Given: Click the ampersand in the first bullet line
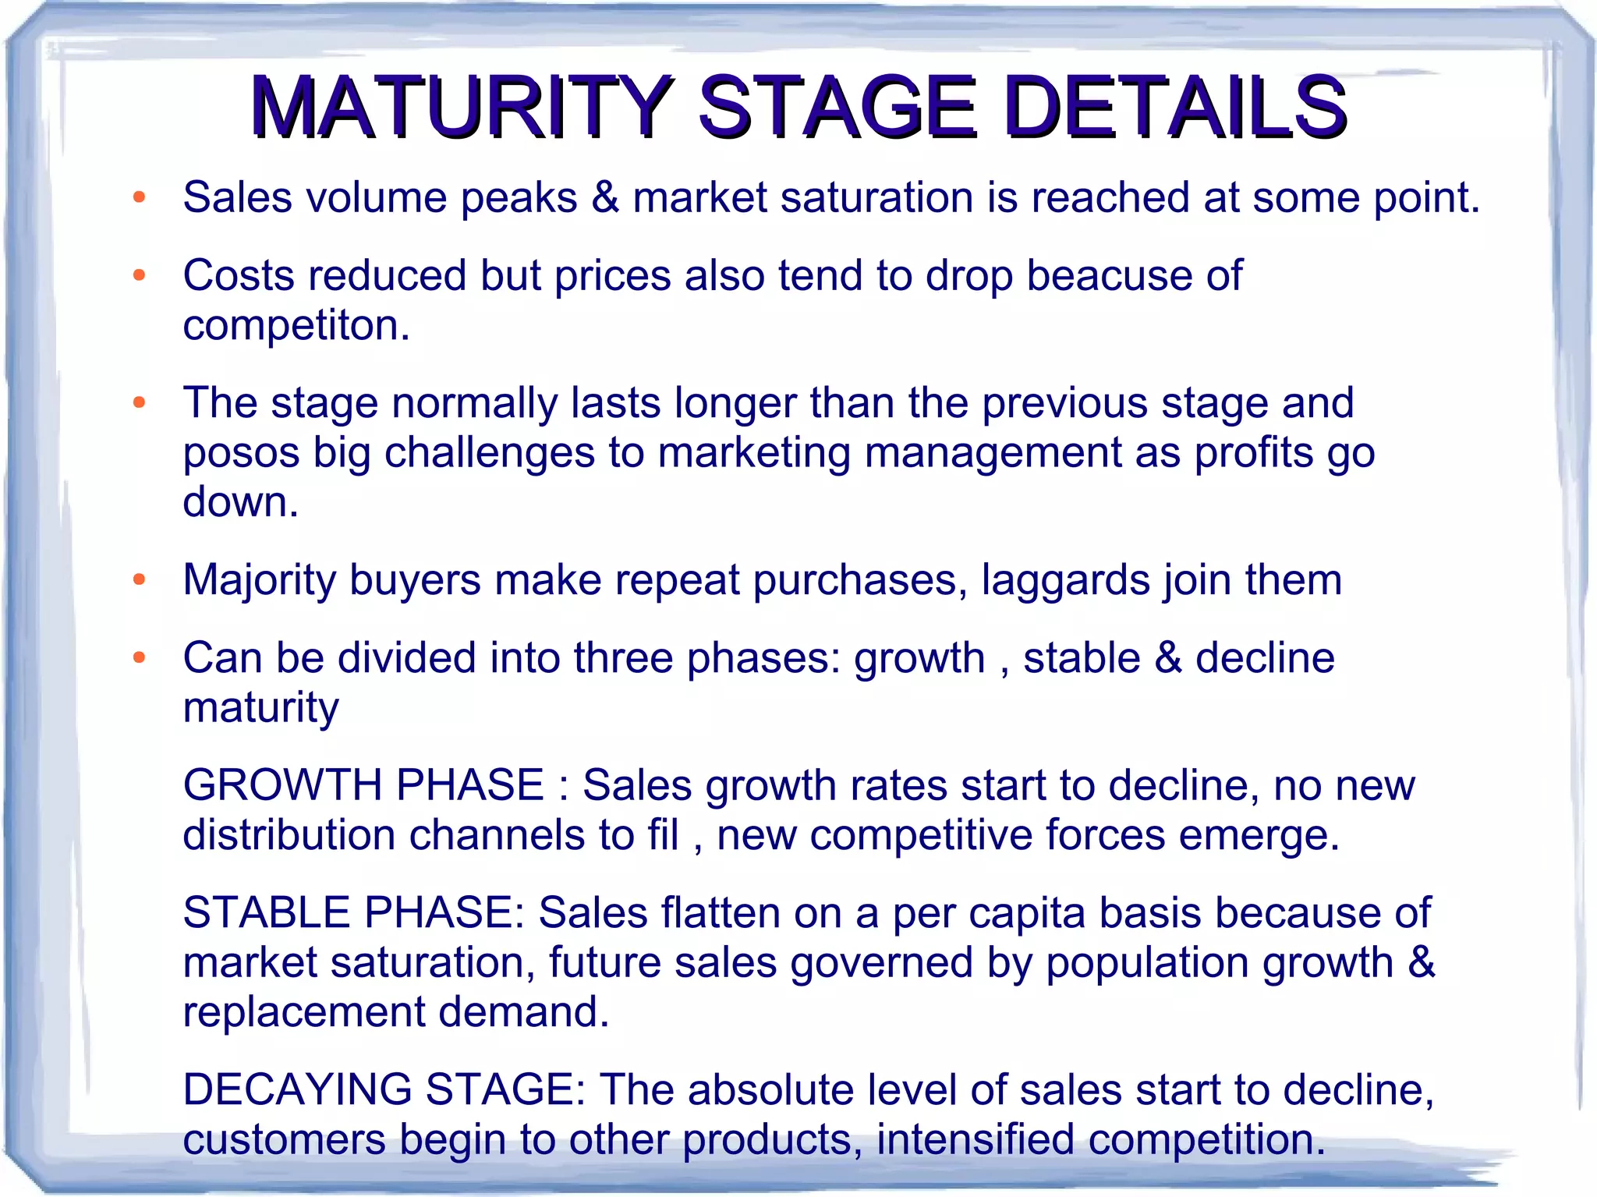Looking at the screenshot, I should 605,197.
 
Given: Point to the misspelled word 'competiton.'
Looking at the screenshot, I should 296,325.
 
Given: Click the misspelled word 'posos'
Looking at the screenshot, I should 241,453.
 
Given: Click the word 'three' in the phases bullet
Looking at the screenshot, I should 623,657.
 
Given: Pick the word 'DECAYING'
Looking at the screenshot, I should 297,1089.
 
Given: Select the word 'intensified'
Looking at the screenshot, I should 976,1139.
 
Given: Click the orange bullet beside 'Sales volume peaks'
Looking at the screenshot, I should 140,197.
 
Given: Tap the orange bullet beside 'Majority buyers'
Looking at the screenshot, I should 140,580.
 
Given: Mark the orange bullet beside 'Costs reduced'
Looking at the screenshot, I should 140,275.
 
